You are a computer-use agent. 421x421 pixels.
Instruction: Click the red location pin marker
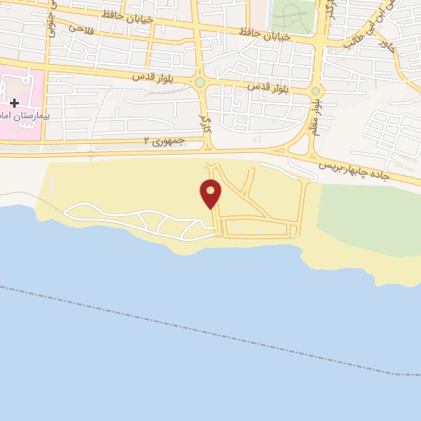211,192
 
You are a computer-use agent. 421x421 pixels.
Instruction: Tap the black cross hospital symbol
14,103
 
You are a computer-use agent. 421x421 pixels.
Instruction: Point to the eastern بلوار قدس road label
264,86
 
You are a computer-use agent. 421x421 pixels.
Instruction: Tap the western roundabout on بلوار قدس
199,82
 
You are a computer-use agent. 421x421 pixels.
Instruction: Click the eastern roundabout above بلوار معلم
315,90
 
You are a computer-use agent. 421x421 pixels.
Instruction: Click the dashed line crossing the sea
206,328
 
